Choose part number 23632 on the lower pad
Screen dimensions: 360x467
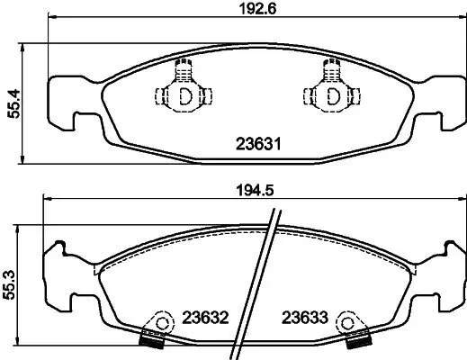click(206, 319)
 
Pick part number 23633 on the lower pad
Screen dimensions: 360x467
click(303, 319)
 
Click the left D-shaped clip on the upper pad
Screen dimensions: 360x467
click(184, 94)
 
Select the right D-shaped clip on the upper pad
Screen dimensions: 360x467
click(331, 94)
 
